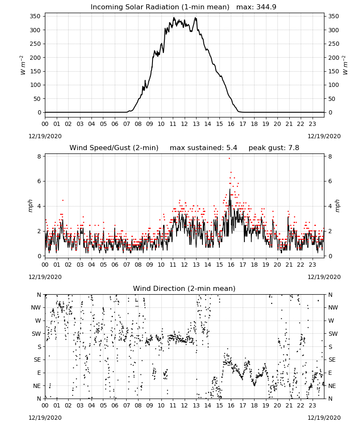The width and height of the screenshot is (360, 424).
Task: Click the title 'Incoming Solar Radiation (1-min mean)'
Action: pyautogui.click(x=160, y=7)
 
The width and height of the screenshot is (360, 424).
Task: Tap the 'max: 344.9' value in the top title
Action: pyautogui.click(x=256, y=7)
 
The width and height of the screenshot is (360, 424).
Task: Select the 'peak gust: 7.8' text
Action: pyautogui.click(x=274, y=148)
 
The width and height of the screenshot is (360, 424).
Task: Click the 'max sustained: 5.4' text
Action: pyautogui.click(x=203, y=148)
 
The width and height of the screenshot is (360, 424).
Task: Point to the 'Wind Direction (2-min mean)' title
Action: pyautogui.click(x=184, y=288)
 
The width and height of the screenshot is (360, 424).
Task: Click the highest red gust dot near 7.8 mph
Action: pyautogui.click(x=229, y=158)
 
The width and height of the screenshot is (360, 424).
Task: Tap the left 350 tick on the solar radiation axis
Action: pyautogui.click(x=35, y=16)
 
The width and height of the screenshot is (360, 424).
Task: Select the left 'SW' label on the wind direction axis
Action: pyautogui.click(x=36, y=334)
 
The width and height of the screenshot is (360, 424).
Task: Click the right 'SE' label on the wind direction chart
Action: pyautogui.click(x=332, y=360)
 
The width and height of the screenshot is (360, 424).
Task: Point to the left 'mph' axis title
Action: pyautogui.click(x=30, y=206)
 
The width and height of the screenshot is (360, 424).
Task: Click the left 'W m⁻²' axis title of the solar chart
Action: pyautogui.click(x=23, y=65)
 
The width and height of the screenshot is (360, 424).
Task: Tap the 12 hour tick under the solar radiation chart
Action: pyautogui.click(x=185, y=124)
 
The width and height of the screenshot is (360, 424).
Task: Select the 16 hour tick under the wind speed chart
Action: pyautogui.click(x=231, y=265)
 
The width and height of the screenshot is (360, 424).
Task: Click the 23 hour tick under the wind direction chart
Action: pyautogui.click(x=312, y=405)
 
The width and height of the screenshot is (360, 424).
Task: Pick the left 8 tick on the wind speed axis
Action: pyautogui.click(x=39, y=156)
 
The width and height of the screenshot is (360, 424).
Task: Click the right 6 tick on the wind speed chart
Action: pyautogui.click(x=330, y=181)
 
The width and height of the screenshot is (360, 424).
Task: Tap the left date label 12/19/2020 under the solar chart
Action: pyautogui.click(x=45, y=136)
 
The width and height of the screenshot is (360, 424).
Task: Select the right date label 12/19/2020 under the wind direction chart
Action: pyautogui.click(x=324, y=418)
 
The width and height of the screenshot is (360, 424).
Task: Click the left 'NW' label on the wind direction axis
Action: pyautogui.click(x=36, y=308)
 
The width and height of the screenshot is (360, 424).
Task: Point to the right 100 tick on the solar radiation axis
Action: pyautogui.click(x=334, y=85)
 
